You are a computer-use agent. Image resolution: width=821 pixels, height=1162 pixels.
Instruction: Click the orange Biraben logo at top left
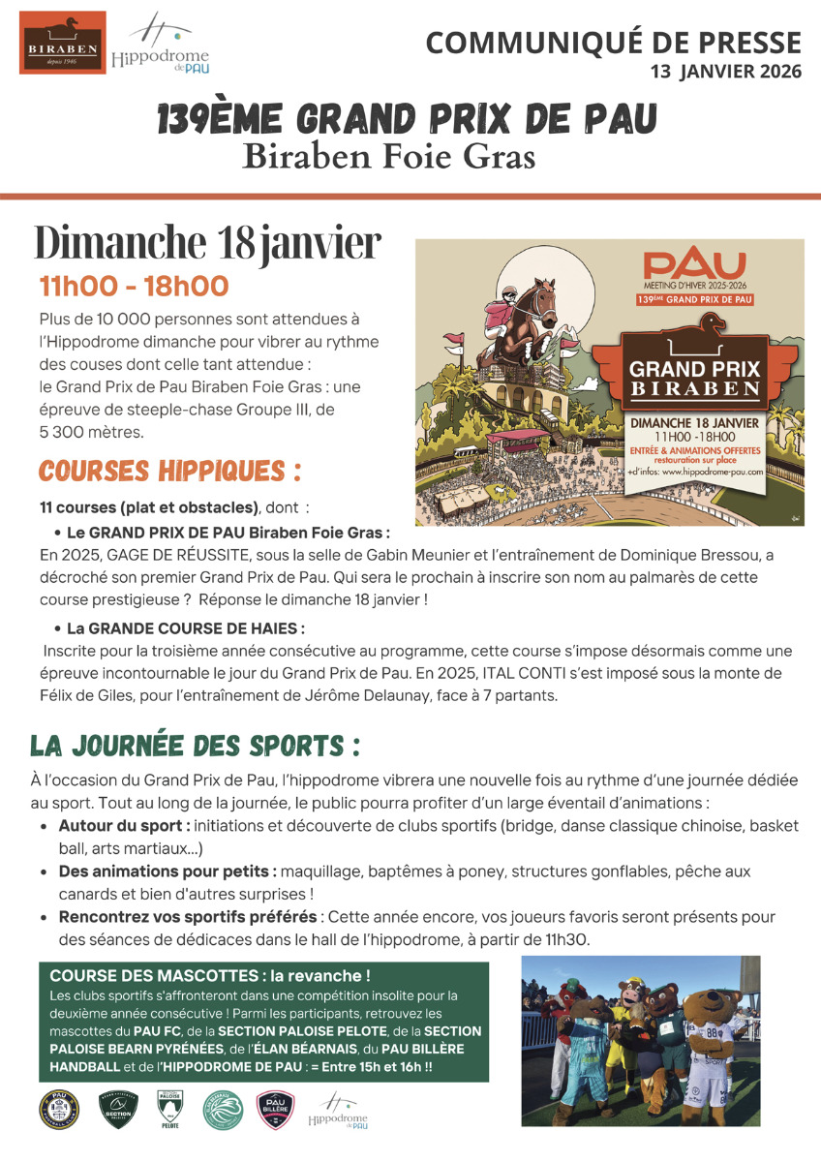63,42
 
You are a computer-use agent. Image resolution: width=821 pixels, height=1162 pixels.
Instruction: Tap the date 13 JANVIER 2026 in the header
725,71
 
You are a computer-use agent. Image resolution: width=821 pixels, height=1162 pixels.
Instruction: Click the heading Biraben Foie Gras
388,155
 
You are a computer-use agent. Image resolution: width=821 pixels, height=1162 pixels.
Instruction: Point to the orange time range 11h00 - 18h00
134,287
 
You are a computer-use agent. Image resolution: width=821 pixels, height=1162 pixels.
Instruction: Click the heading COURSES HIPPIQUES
169,472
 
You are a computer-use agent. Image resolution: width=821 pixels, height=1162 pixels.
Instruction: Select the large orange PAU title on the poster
695,264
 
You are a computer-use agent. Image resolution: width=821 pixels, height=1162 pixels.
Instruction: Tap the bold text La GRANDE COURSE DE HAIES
186,627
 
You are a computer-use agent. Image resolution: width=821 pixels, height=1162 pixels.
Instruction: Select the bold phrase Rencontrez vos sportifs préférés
187,916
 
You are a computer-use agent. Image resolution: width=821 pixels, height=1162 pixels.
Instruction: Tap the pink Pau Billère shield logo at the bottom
275,1110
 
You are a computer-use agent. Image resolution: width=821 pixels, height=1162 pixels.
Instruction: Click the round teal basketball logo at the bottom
222,1110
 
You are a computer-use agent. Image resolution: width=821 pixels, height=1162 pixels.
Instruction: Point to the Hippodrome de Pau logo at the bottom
338,1111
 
